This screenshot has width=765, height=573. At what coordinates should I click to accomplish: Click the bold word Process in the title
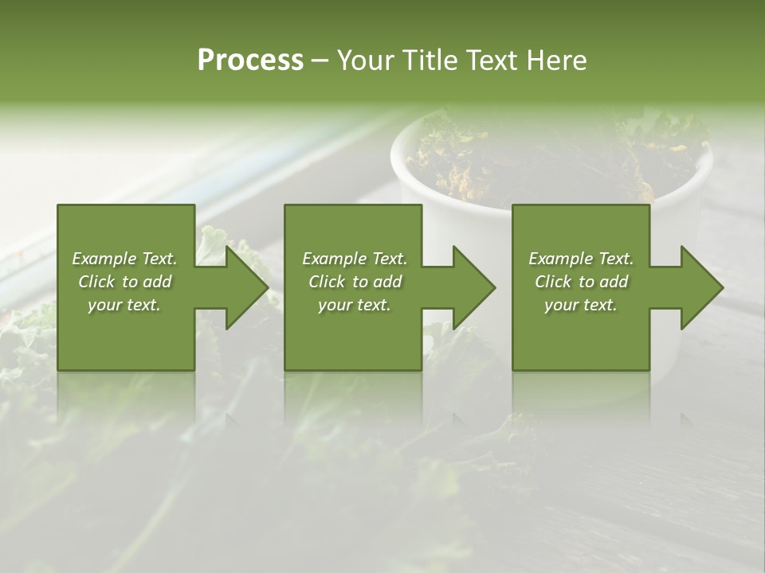point(250,60)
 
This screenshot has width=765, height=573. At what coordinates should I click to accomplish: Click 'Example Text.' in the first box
point(124,259)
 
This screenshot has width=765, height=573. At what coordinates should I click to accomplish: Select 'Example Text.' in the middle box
point(355,259)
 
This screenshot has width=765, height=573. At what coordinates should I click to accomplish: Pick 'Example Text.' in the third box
point(581,259)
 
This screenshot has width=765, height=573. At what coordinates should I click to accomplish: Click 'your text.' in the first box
point(124,305)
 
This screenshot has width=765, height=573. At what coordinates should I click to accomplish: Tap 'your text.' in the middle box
point(355,305)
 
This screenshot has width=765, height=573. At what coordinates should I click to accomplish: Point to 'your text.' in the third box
point(581,305)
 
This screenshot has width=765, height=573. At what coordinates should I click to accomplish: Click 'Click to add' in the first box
point(124,282)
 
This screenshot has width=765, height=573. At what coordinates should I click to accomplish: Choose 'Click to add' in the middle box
point(355,282)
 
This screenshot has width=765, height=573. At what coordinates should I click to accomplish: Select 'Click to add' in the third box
point(581,282)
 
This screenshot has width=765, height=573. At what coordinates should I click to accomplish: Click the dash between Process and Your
point(320,61)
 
